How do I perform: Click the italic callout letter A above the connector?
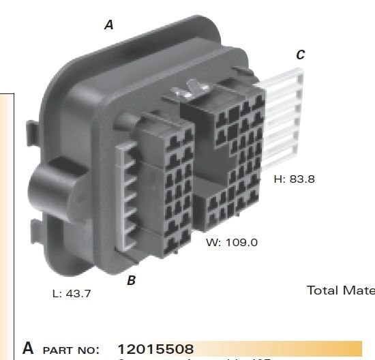[108, 25]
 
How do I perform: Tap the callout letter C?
[300, 55]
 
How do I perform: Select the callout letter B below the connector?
[131, 280]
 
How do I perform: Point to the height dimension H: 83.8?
[294, 179]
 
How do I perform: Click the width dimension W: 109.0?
[232, 243]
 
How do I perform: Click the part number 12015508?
[156, 350]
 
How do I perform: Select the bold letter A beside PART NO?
[28, 348]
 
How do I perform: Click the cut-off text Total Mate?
[340, 290]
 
